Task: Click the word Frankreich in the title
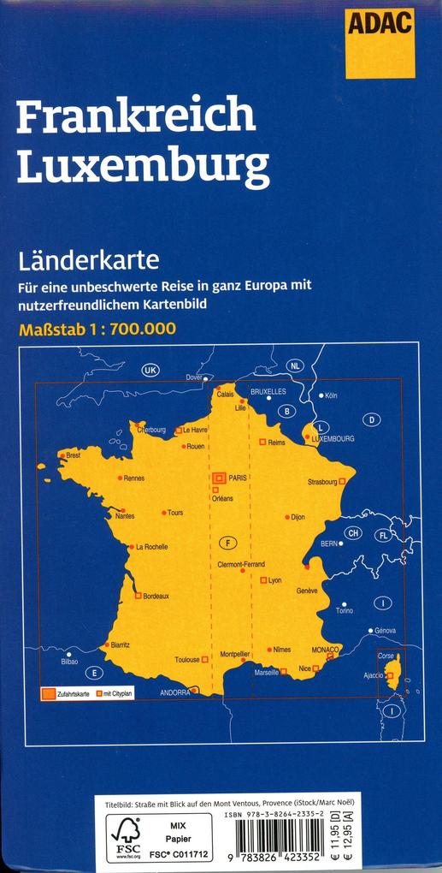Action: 135,116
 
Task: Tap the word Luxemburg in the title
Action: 143,165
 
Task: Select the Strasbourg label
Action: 322,482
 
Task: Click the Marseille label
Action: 266,673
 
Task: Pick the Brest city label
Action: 73,455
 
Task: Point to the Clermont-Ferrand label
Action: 241,564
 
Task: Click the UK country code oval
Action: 150,370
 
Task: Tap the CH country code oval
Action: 353,532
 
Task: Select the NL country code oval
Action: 295,365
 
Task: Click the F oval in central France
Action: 227,542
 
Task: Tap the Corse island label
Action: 386,656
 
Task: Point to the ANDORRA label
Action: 174,692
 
